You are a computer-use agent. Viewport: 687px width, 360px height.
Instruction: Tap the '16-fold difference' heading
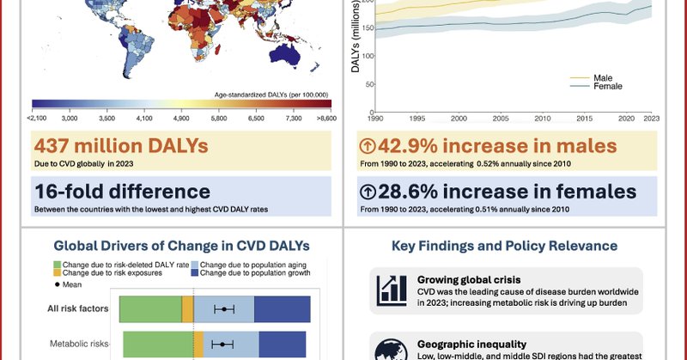click(x=122, y=191)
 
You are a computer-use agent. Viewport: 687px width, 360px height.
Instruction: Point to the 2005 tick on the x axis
click(x=501, y=118)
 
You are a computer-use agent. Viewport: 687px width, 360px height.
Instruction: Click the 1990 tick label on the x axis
click(x=375, y=118)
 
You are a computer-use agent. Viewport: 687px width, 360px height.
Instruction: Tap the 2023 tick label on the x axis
click(x=653, y=118)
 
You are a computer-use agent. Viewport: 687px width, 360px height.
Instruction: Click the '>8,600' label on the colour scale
click(x=324, y=118)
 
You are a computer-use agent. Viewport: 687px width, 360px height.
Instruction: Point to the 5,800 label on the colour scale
click(x=218, y=118)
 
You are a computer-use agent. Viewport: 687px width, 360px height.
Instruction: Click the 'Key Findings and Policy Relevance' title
click(x=504, y=246)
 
